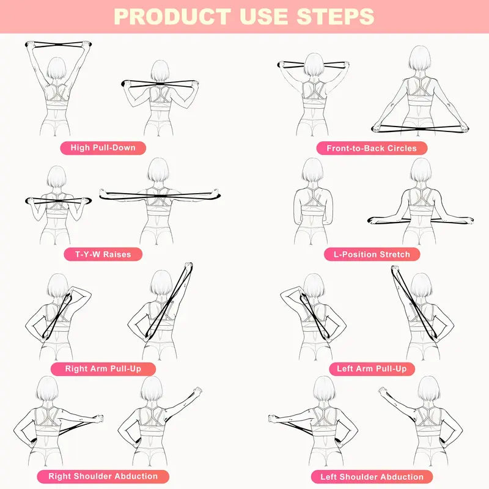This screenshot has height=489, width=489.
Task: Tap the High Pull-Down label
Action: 103,147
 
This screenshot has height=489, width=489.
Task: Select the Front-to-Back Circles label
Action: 372,148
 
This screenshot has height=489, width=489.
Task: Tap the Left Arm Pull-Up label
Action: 372,369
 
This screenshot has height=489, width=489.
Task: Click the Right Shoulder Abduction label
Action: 103,476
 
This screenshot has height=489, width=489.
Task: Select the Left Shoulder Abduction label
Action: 372,477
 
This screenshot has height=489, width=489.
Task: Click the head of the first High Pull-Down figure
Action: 56,68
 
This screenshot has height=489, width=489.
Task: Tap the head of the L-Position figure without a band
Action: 312,170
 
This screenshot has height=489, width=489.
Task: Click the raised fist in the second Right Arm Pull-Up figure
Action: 187,267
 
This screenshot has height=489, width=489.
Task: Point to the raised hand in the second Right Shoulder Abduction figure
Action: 196,391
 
